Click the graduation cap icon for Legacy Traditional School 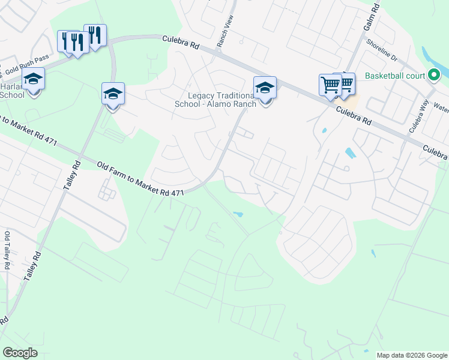[265, 88]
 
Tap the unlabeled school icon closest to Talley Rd [113, 93]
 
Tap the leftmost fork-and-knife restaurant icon [67, 41]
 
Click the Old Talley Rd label [7, 251]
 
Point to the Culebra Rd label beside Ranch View [181, 42]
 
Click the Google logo [20, 353]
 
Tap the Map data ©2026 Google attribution [412, 355]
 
